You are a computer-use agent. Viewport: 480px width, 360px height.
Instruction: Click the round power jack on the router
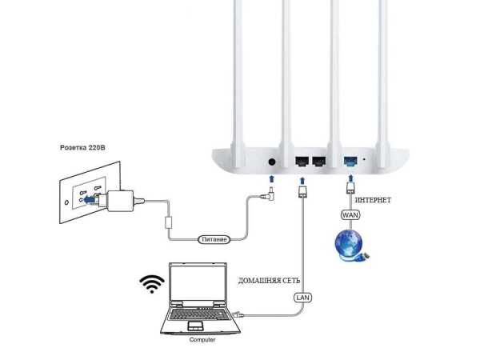click(x=273, y=162)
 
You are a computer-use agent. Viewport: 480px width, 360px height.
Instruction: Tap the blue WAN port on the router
click(x=350, y=161)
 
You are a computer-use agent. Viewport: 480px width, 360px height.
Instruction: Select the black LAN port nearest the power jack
click(x=302, y=161)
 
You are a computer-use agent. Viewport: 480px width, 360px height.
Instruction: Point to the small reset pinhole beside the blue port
click(x=365, y=160)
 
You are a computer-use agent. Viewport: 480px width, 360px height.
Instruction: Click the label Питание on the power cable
click(x=214, y=239)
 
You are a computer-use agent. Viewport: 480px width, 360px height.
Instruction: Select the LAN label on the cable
click(x=302, y=297)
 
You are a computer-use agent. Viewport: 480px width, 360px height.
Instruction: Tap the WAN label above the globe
click(x=350, y=215)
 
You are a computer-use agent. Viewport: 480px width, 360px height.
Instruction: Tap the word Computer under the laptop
click(x=202, y=340)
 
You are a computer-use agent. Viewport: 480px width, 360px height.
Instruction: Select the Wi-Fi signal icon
click(x=151, y=282)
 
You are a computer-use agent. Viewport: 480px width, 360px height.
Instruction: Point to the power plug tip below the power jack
click(x=272, y=192)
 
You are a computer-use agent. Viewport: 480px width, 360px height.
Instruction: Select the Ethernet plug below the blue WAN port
click(x=350, y=190)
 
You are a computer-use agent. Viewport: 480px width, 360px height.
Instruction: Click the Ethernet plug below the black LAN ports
click(x=302, y=192)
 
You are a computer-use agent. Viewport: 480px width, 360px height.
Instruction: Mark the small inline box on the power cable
click(x=169, y=220)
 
